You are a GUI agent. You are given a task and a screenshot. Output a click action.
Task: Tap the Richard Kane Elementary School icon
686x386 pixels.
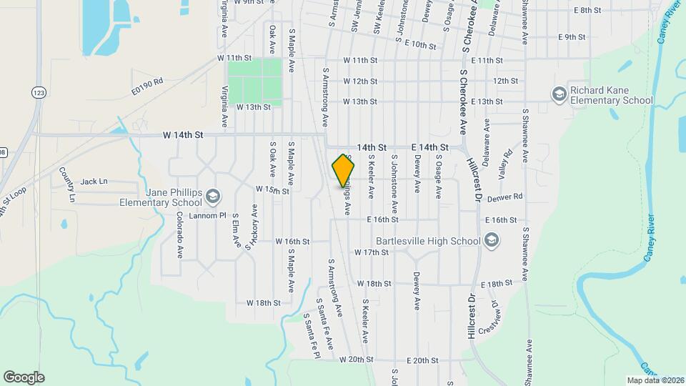coord(558,94)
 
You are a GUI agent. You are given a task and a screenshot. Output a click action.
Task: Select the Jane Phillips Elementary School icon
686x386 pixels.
coord(212,196)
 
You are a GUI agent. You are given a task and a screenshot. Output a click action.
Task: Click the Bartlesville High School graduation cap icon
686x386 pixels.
coord(490,241)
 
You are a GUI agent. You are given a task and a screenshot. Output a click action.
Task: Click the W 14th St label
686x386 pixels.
coord(183,134)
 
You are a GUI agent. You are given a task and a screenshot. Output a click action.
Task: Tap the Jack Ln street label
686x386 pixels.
coord(94,182)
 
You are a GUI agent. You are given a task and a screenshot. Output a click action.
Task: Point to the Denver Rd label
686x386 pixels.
coord(508,196)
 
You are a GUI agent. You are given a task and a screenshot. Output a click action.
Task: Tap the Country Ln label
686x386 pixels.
coord(66,183)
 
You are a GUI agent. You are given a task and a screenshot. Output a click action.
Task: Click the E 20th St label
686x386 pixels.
coord(421,361)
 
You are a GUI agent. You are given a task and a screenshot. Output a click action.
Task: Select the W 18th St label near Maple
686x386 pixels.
coord(263,303)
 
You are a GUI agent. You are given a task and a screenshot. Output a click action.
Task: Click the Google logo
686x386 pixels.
coord(24,377)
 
